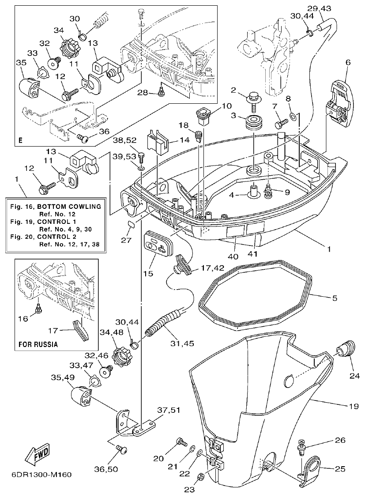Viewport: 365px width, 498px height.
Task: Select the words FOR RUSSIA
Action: [38, 344]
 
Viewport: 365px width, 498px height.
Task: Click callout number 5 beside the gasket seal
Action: [334, 298]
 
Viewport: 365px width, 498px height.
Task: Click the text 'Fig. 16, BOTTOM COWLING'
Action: [56, 207]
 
